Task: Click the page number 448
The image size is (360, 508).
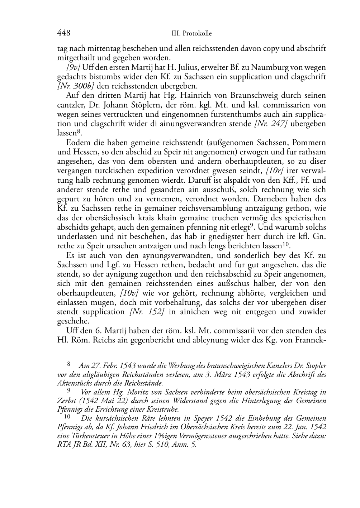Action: coord(63,33)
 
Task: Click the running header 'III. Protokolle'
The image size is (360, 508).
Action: coord(191,34)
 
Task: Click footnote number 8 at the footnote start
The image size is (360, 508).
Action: coord(69,365)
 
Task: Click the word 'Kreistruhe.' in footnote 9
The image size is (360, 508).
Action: coord(164,409)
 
